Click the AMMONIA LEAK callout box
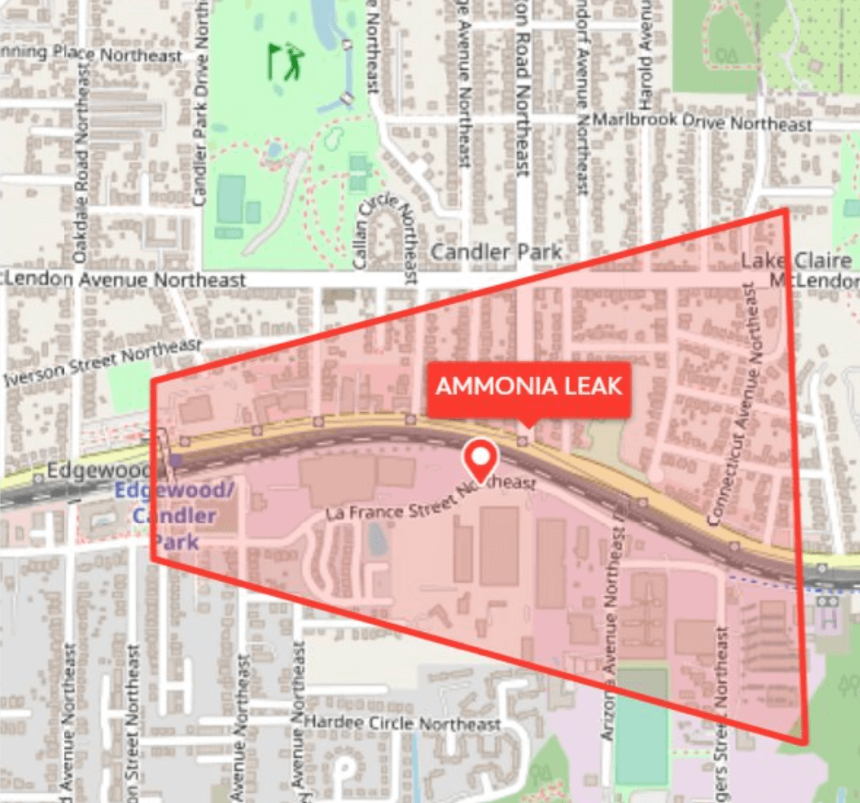[x=529, y=387]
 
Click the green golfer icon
[x=286, y=62]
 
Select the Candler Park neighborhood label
[x=496, y=252]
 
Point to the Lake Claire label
[x=795, y=261]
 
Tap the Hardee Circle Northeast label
[x=402, y=723]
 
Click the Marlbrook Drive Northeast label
[x=703, y=122]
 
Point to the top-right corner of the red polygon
[x=785, y=210]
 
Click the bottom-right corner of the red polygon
[x=805, y=743]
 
